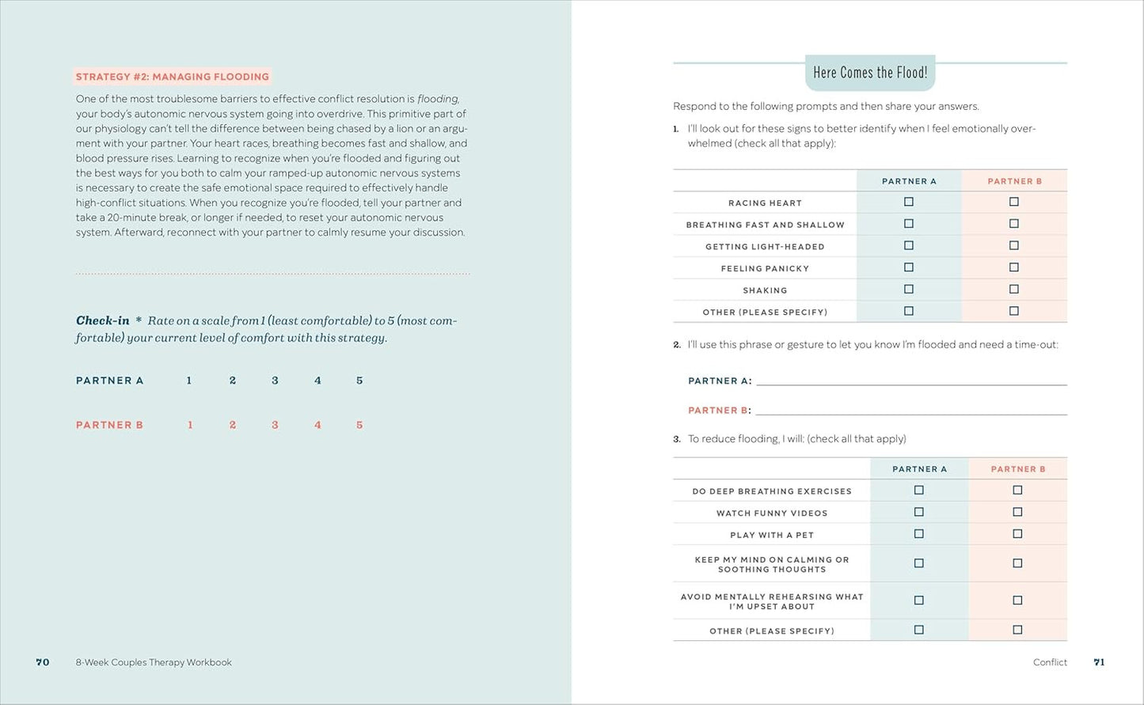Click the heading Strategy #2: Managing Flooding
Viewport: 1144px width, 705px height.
(x=172, y=77)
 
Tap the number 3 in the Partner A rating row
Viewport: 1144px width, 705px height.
(x=275, y=381)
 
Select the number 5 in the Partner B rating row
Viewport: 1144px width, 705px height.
(x=359, y=425)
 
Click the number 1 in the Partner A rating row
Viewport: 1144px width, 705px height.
(x=189, y=381)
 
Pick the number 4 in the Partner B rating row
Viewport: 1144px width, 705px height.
(x=317, y=425)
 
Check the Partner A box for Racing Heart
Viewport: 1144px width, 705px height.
(x=909, y=202)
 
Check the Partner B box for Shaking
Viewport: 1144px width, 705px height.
(x=1014, y=289)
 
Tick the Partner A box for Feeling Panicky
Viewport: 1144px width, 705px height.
(x=909, y=267)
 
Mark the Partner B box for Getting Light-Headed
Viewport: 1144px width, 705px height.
(x=1014, y=245)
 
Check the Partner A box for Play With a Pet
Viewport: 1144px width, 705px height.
(x=919, y=534)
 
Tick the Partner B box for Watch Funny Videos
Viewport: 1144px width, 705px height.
(x=1017, y=512)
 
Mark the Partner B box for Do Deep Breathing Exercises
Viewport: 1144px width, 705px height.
(x=1017, y=490)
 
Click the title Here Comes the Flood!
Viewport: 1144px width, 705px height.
(x=870, y=73)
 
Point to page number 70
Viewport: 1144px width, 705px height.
(x=43, y=662)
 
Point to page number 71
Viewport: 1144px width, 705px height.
(x=1099, y=662)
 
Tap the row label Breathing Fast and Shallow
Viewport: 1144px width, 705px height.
(x=765, y=225)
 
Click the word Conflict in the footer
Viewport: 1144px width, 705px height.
(x=1050, y=662)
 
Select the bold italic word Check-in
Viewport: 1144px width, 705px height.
(x=102, y=320)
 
